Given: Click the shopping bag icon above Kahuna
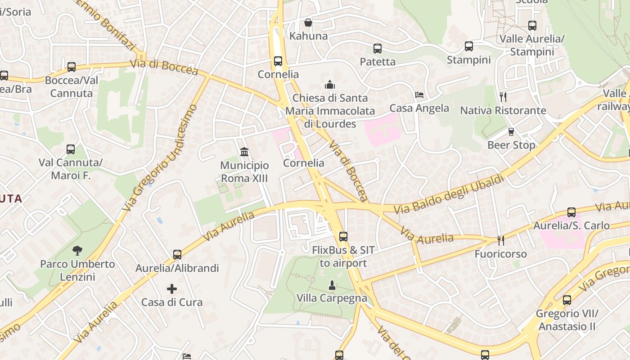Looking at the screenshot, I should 308,22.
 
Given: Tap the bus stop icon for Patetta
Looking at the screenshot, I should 378,49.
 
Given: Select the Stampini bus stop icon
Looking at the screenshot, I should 469,46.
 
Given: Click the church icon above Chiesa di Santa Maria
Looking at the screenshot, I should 330,85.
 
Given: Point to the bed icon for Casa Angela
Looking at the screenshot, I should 419,95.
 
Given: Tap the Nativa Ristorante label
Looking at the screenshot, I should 503,110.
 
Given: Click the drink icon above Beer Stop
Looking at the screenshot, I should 511,132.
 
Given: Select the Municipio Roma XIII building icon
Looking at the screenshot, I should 244,152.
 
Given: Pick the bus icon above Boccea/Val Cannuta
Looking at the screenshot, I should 72,67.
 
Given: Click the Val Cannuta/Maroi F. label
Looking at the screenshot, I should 71,169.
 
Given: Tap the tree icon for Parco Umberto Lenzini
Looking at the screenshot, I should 77,251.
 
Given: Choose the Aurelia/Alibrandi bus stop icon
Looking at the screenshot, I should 177,255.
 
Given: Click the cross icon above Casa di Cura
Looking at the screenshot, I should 172,288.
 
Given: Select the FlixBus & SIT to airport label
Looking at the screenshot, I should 343,256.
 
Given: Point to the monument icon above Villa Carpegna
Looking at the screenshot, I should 332,285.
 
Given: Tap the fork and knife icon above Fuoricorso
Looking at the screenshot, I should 500,241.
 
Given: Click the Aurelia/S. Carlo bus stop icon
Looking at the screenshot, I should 571,212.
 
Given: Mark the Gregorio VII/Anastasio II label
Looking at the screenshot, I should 567,320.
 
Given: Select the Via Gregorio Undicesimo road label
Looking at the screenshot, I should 161,157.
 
